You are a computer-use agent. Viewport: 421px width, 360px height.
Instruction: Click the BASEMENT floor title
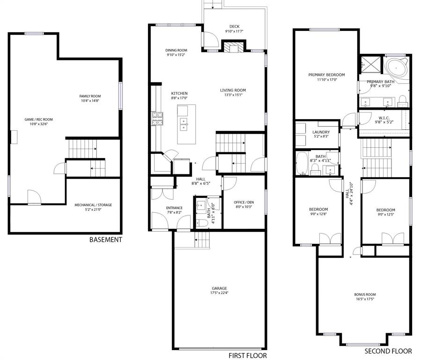click(x=105, y=240)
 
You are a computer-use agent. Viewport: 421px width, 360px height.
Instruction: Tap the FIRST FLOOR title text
click(x=248, y=355)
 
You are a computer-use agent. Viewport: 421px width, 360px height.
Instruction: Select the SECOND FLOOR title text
click(x=388, y=351)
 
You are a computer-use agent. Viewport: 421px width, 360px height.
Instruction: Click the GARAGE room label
click(x=219, y=288)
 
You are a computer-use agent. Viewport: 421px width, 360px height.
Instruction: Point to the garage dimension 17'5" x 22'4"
click(x=219, y=293)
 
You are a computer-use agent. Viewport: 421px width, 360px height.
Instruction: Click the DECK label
click(x=235, y=26)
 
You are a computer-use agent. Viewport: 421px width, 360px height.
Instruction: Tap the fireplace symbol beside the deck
click(x=233, y=47)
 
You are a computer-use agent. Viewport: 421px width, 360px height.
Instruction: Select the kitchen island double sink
click(x=184, y=124)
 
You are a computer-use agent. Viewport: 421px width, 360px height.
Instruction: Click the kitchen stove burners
click(x=157, y=119)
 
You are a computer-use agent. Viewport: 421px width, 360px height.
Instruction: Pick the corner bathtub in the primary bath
click(x=396, y=68)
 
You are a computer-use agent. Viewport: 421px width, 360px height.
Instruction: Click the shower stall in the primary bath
click(x=371, y=65)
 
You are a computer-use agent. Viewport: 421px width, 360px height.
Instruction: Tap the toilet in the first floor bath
click(x=202, y=223)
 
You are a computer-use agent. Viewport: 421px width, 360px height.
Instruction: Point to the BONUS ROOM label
click(x=365, y=294)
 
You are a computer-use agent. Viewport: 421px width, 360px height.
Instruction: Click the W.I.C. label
click(x=384, y=118)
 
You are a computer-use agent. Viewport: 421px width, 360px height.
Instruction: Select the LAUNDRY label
click(x=321, y=132)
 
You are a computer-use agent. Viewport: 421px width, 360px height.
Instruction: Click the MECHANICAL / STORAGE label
click(x=93, y=205)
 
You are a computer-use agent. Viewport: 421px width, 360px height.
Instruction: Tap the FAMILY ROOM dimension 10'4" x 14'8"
click(x=90, y=101)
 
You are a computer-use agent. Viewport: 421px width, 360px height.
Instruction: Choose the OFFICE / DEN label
click(x=244, y=202)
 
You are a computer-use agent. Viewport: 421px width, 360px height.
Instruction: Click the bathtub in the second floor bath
click(x=302, y=163)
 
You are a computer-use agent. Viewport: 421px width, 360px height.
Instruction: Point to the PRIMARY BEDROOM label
click(x=326, y=75)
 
